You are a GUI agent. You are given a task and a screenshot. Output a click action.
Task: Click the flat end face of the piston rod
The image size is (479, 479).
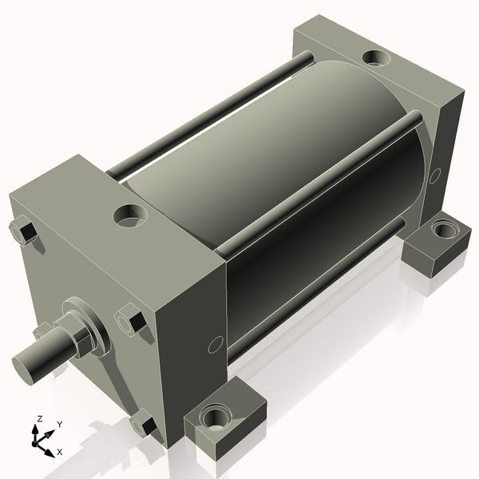tap(26, 366)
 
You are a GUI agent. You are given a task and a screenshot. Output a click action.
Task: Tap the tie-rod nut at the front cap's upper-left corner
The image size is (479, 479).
tap(22, 232)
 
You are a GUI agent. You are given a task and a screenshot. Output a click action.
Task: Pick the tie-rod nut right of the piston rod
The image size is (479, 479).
tap(130, 322)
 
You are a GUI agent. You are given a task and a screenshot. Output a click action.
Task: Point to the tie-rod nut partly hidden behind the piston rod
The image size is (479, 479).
tap(42, 331)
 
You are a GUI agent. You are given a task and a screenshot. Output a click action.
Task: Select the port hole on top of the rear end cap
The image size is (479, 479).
tap(374, 57)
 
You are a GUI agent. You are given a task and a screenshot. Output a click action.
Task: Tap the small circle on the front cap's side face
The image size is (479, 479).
tap(214, 345)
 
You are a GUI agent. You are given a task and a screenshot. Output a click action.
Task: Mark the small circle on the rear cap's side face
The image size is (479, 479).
tap(434, 176)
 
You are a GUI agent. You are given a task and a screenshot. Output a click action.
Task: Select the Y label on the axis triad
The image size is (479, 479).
tap(59, 425)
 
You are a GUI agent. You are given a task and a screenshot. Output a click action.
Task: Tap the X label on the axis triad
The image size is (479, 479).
tap(59, 452)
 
